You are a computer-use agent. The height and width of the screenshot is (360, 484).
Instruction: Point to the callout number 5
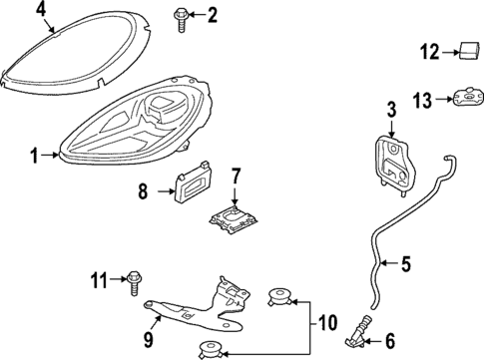(406, 265)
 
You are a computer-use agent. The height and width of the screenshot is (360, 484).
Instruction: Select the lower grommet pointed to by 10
(210, 348)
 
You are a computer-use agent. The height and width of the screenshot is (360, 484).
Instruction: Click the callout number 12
(429, 50)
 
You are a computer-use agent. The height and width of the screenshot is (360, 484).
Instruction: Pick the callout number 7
(237, 176)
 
